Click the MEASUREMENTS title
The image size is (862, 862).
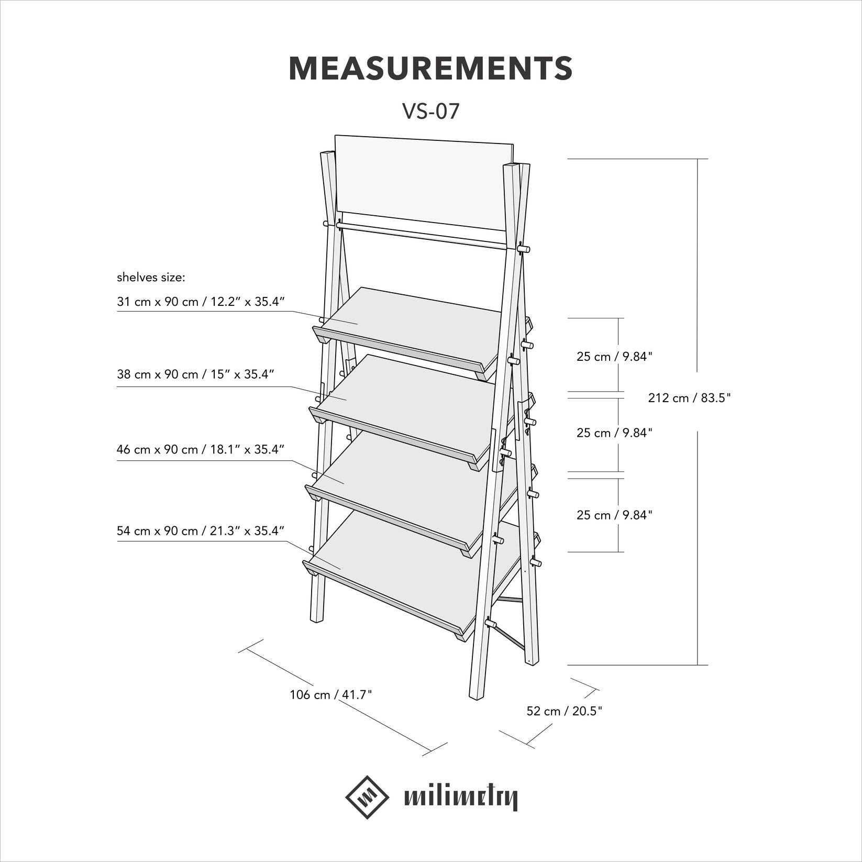click(x=430, y=69)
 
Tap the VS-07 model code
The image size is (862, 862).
click(x=430, y=111)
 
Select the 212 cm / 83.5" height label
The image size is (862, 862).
click(x=689, y=398)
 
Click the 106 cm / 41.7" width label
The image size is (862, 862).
click(x=330, y=695)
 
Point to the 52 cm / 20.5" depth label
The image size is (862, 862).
click(x=564, y=711)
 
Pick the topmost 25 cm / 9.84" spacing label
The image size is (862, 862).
click(x=614, y=357)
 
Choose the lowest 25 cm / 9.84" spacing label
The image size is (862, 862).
click(x=614, y=515)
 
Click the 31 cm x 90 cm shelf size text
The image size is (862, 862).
click(x=201, y=302)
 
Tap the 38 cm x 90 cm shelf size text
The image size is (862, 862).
click(x=195, y=374)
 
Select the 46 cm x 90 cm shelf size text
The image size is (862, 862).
click(x=201, y=450)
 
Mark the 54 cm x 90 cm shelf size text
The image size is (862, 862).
click(x=201, y=531)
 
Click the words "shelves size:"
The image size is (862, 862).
click(x=151, y=278)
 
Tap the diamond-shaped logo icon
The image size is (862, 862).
click(x=367, y=797)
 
